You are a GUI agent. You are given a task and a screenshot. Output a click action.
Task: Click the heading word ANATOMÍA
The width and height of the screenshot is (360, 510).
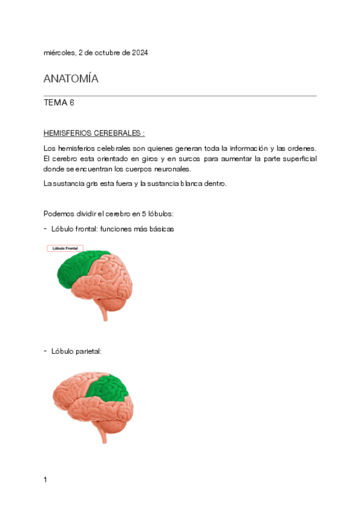tap(71, 79)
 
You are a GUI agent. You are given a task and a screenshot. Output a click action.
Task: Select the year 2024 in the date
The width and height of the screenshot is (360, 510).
tap(139, 53)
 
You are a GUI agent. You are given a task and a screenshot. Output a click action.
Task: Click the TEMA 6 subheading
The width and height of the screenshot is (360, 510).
tap(59, 103)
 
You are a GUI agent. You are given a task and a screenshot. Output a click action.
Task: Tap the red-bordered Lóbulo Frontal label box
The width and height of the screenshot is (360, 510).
tap(66, 248)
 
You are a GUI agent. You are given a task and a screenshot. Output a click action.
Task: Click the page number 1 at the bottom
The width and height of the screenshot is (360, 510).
tap(45, 479)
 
